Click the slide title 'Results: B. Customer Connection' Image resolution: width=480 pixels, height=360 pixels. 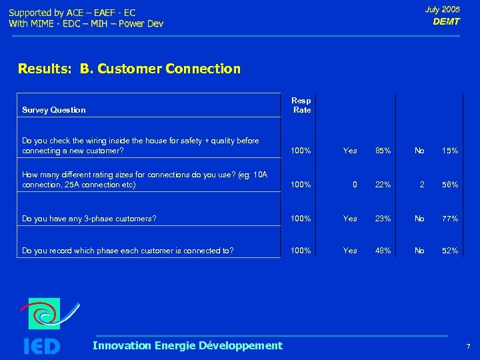coord(129,69)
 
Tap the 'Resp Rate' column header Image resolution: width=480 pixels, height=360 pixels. coord(302,105)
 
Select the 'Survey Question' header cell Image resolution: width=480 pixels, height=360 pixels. coord(54,110)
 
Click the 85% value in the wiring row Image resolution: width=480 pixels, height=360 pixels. coord(383,151)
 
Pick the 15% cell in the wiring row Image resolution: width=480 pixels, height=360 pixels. coord(450,151)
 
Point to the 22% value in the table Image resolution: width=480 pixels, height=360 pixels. coord(383,185)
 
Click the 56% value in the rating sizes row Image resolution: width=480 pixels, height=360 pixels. coord(450,185)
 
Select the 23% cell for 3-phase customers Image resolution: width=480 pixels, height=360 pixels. coord(383,219)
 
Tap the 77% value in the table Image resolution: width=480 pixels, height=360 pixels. coord(450,219)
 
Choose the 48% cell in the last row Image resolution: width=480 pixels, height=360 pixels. coord(383,251)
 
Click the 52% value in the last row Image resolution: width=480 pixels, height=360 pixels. coord(450,251)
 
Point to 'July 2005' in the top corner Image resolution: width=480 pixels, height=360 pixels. coord(443,9)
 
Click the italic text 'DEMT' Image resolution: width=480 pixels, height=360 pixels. coord(446,21)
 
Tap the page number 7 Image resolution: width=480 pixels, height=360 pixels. coord(468,347)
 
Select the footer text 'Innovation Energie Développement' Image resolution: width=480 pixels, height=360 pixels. coord(187,345)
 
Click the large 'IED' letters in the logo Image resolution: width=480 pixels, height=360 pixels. coord(41,346)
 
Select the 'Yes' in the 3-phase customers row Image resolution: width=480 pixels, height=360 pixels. coord(350,219)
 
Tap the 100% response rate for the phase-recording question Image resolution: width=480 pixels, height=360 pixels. coord(301,251)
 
